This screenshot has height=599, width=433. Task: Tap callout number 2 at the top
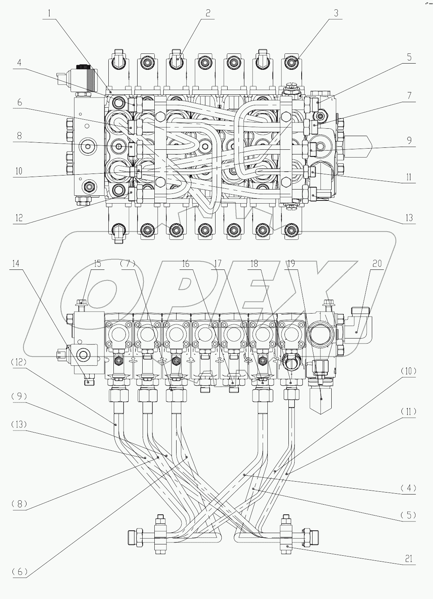(x=209, y=13)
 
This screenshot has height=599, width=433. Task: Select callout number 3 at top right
(x=336, y=13)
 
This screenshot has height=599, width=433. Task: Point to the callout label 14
(x=15, y=264)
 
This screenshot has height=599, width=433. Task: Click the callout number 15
(x=97, y=264)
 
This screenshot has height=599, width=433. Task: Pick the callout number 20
(x=377, y=264)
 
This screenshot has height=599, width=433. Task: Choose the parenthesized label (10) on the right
(x=408, y=371)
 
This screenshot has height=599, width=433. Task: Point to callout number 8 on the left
(x=19, y=136)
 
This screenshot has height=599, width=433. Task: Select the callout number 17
(x=217, y=264)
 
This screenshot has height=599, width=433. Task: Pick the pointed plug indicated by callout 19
(x=321, y=402)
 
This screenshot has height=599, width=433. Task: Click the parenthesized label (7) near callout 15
(x=128, y=264)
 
